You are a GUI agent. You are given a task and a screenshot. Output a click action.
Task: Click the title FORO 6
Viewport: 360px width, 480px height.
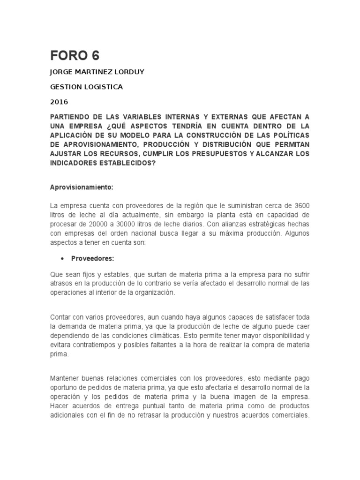coord(75,55)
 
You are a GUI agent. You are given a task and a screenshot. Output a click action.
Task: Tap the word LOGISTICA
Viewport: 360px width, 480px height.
coord(104,87)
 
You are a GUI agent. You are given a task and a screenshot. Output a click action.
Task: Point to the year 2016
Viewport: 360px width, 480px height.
coord(59,102)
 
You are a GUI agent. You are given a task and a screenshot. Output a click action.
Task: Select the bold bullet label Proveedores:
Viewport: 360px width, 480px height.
coord(93,258)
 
